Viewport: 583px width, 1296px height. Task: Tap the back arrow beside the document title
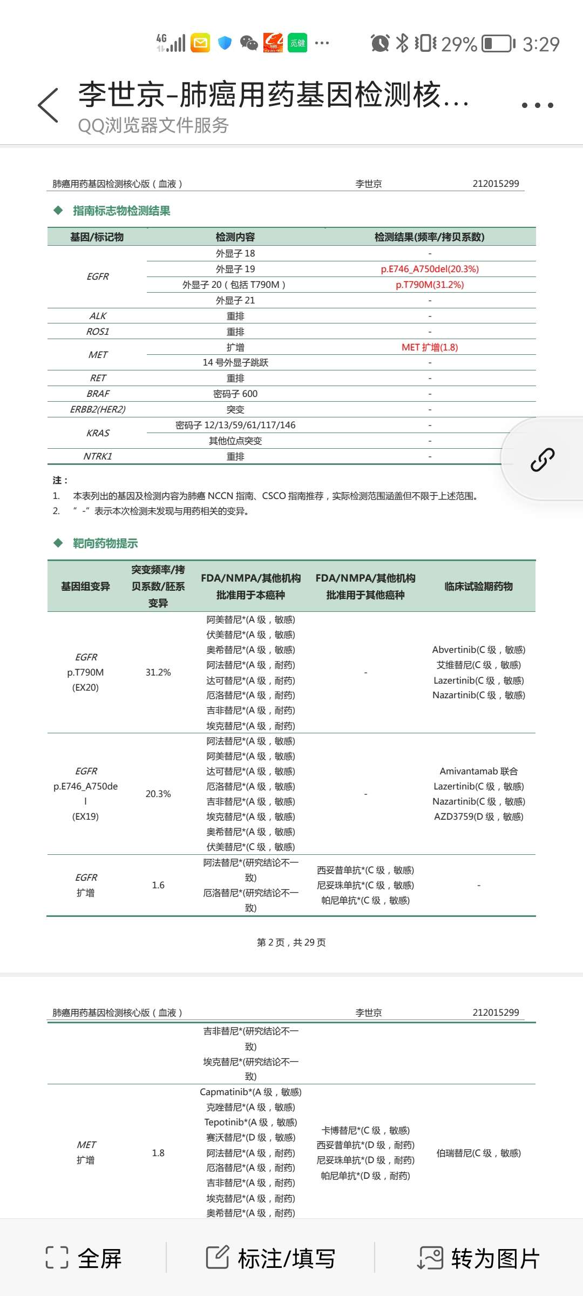tap(48, 105)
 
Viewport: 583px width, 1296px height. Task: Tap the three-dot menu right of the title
tap(537, 105)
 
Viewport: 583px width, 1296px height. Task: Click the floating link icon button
tap(542, 460)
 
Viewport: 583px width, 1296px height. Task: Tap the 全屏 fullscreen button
tap(84, 1258)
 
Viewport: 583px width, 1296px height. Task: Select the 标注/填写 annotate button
tap(270, 1258)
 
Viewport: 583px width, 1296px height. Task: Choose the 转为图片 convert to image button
tap(479, 1258)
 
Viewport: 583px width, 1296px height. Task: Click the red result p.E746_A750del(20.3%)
tap(430, 269)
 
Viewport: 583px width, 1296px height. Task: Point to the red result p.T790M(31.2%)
tap(430, 285)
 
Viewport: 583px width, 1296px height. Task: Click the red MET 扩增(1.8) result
tap(430, 347)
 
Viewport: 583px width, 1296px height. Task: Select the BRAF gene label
tap(98, 394)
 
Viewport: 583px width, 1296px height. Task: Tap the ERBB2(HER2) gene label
tap(98, 409)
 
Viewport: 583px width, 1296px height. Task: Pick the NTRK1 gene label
tap(98, 456)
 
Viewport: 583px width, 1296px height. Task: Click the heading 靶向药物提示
tap(105, 543)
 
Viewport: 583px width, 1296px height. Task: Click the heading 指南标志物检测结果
tap(121, 211)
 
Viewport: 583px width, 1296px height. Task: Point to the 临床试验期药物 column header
tap(478, 586)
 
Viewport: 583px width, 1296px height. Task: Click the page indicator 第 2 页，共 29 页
tap(291, 942)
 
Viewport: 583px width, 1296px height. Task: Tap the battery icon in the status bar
tap(498, 44)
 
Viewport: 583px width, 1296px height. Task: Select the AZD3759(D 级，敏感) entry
tap(478, 816)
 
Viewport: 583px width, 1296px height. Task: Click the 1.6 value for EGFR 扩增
tap(158, 885)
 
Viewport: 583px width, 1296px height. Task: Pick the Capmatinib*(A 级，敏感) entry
tap(250, 1092)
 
